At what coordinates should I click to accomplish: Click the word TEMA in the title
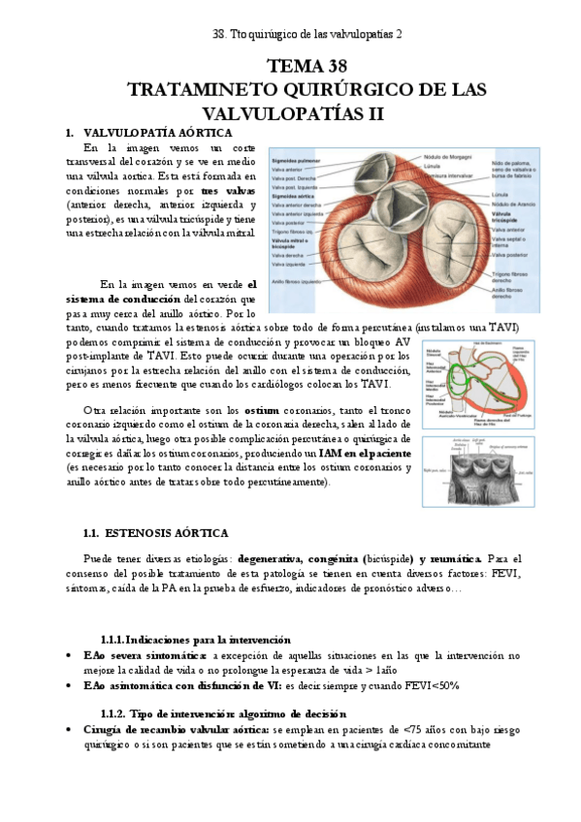tap(291, 67)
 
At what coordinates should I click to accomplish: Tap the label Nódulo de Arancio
tap(514, 205)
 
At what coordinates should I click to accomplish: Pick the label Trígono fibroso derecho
tap(513, 277)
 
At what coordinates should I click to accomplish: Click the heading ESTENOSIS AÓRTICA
tap(168, 533)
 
